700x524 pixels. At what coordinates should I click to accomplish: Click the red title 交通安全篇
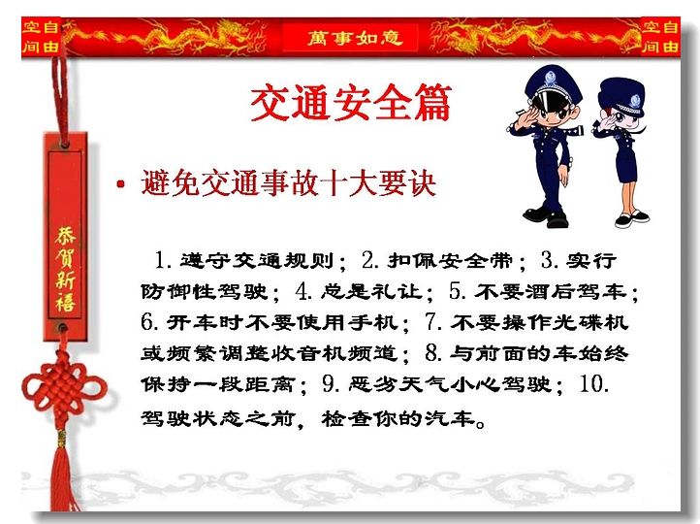pyautogui.click(x=351, y=102)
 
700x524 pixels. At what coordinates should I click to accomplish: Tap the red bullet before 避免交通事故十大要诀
pyautogui.click(x=120, y=183)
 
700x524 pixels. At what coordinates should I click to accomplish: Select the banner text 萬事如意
pyautogui.click(x=355, y=38)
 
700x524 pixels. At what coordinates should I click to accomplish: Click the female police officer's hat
pyautogui.click(x=622, y=95)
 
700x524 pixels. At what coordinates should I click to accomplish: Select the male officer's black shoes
pyautogui.click(x=546, y=216)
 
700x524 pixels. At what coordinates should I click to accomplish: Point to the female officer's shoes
pyautogui.click(x=632, y=219)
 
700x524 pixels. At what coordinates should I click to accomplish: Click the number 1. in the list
pyautogui.click(x=163, y=260)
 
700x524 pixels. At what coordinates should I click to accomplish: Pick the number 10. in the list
pyautogui.click(x=593, y=383)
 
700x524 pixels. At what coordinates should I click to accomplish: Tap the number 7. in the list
pyautogui.click(x=433, y=321)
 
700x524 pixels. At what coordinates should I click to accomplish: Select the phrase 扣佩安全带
pyautogui.click(x=449, y=260)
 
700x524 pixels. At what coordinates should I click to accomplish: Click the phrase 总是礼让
pyautogui.click(x=371, y=292)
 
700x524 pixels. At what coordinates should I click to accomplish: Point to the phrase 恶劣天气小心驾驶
pyautogui.click(x=451, y=383)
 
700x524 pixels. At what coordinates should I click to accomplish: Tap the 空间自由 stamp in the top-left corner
pyautogui.click(x=41, y=37)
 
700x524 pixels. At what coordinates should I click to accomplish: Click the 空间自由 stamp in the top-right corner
pyautogui.click(x=660, y=37)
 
